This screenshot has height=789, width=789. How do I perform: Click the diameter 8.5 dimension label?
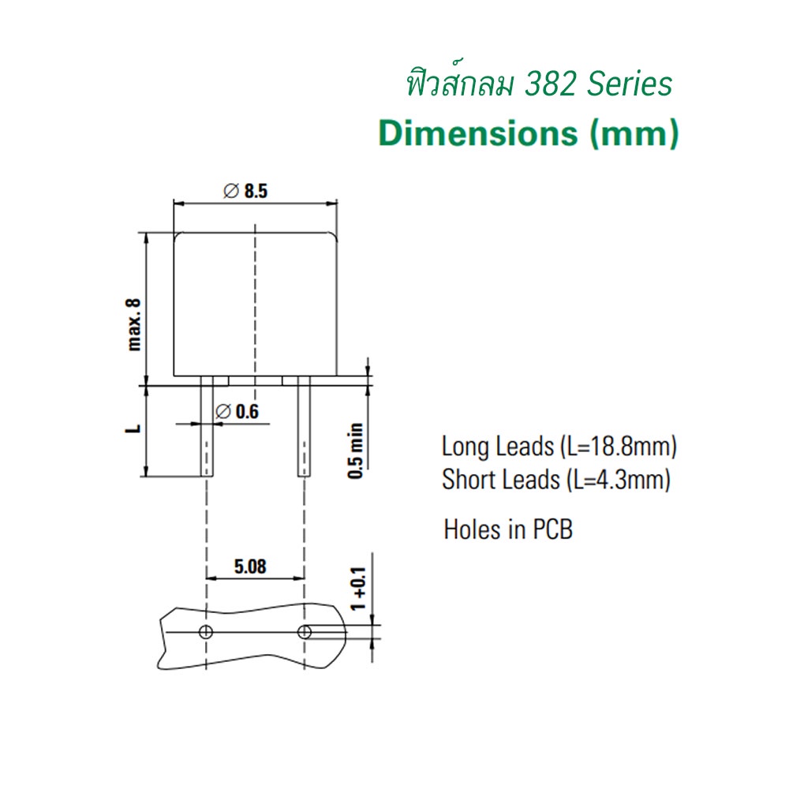245,191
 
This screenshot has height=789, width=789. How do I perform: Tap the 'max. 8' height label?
134,324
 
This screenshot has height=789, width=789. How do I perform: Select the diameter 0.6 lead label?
237,412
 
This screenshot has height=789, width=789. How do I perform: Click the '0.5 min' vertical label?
355,451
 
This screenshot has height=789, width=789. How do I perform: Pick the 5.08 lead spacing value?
250,567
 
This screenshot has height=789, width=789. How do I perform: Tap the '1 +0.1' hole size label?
358,589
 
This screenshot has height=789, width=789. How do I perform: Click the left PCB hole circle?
206,632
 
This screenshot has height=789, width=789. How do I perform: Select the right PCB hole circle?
305,632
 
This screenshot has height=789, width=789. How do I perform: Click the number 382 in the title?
550,84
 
